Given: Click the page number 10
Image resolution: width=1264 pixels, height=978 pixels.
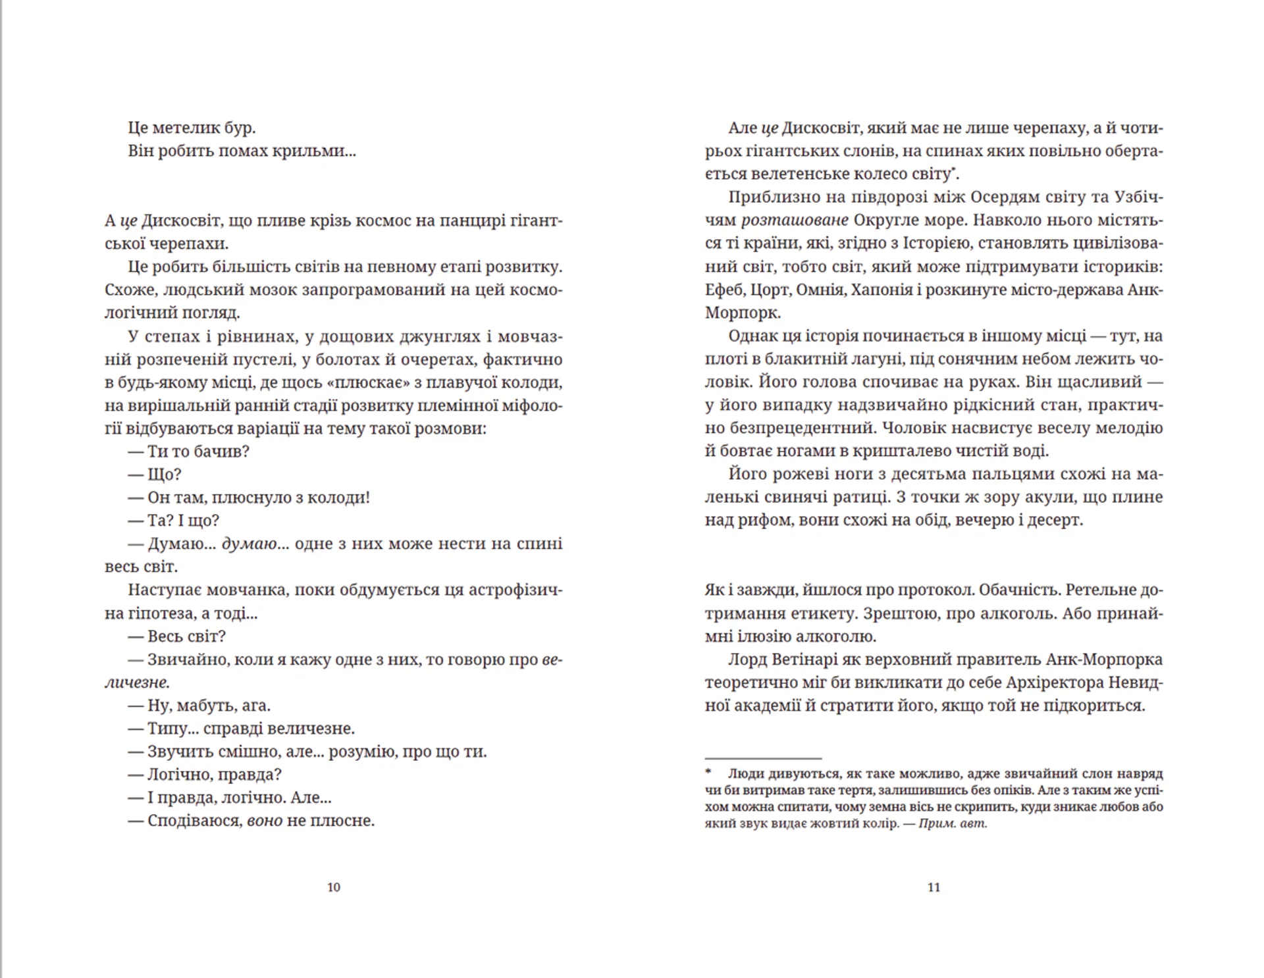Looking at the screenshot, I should (x=334, y=887).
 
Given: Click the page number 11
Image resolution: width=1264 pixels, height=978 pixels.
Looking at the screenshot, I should (x=934, y=887).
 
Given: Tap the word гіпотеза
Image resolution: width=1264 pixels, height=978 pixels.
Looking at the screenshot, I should (x=157, y=613).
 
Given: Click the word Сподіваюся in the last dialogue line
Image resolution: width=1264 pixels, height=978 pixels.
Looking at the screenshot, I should (x=194, y=821).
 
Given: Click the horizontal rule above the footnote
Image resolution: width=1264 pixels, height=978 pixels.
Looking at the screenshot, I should (x=763, y=758).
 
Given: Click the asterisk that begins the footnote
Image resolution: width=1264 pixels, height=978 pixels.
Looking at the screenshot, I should (x=708, y=772).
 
